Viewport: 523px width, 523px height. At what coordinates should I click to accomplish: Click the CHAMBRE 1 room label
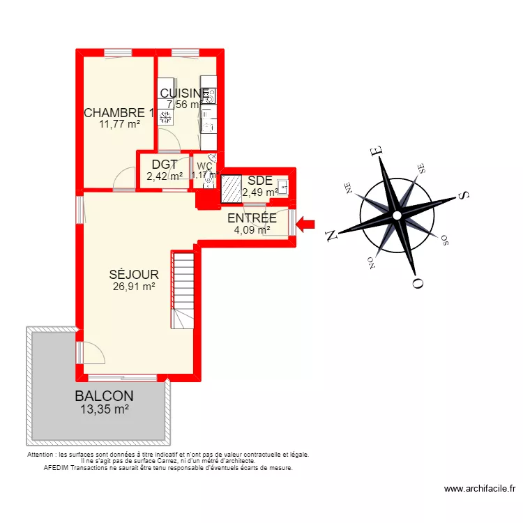click(x=119, y=113)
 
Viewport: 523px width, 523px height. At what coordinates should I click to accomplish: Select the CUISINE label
click(x=184, y=93)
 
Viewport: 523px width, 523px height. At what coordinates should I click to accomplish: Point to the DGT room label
click(x=165, y=165)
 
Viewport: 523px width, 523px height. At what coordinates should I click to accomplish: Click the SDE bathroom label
click(x=259, y=181)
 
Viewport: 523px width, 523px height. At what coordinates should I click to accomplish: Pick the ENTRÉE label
click(x=252, y=218)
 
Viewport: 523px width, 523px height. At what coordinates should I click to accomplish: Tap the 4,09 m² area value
click(x=252, y=229)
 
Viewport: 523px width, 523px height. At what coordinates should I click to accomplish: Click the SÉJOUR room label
click(x=133, y=275)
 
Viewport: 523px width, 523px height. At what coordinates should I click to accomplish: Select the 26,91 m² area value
click(x=133, y=286)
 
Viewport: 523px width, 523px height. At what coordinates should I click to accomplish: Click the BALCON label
click(x=105, y=397)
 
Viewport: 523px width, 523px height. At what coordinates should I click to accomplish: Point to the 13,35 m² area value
click(x=105, y=409)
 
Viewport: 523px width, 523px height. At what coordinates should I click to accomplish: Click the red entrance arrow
click(x=305, y=224)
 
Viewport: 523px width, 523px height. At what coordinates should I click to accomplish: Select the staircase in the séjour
click(x=183, y=289)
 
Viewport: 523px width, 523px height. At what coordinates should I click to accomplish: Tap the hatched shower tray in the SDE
click(x=230, y=188)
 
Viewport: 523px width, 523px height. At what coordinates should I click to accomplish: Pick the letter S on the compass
click(x=462, y=196)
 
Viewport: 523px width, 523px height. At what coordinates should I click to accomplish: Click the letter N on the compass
click(x=333, y=235)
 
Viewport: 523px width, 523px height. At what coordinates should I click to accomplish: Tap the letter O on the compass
click(x=418, y=282)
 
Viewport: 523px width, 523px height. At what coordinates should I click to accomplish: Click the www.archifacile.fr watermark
click(x=479, y=490)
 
